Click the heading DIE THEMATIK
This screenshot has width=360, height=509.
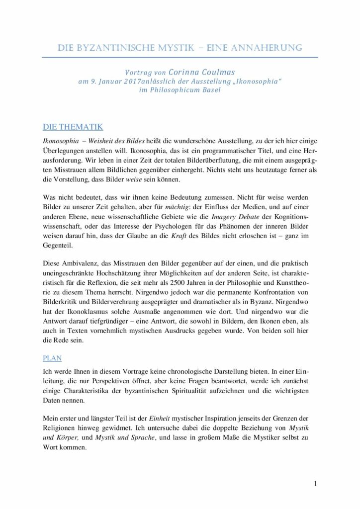click(x=73, y=127)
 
